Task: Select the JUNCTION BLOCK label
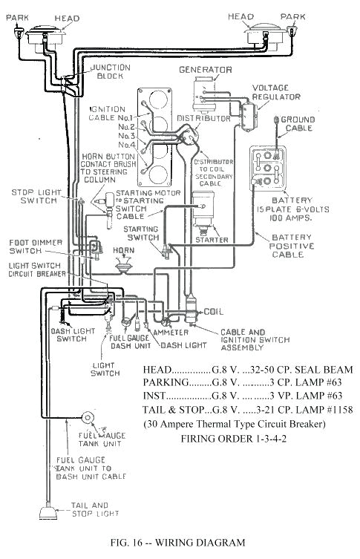pyautogui.click(x=111, y=72)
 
